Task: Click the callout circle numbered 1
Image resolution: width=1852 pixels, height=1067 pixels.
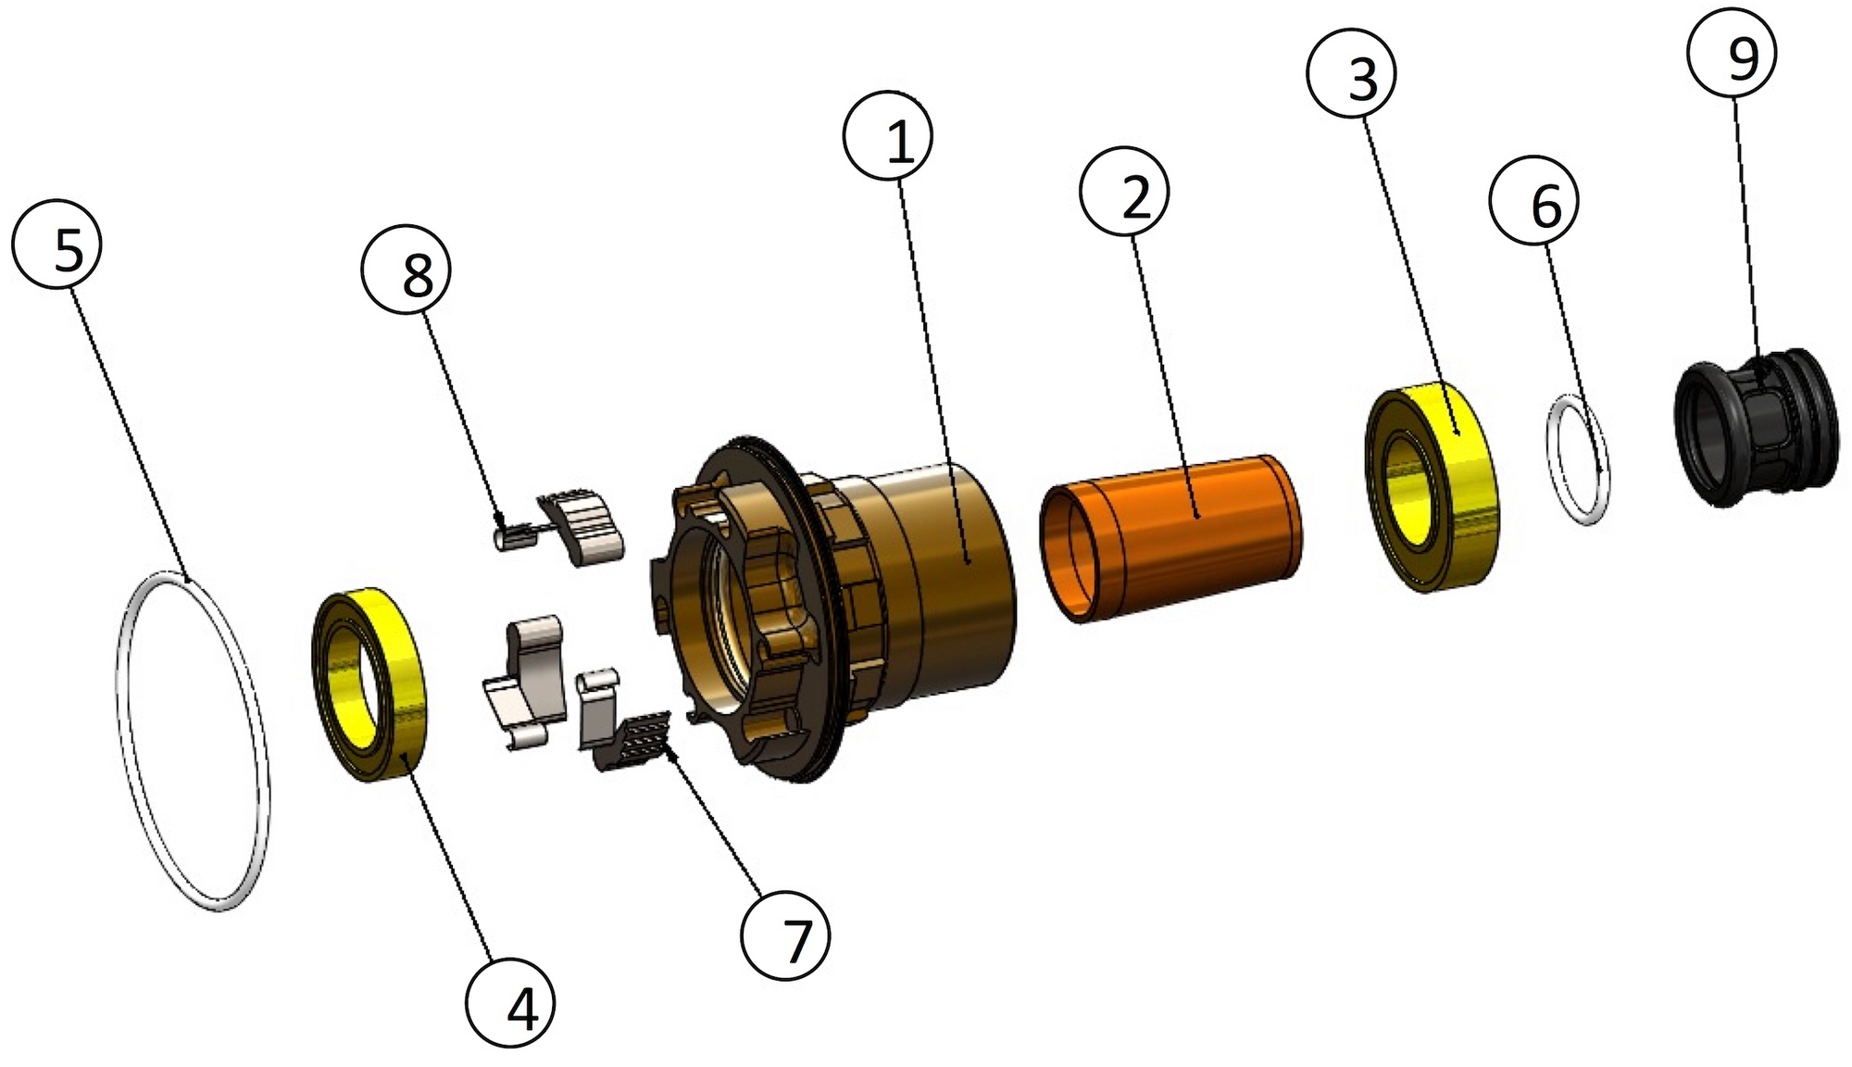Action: (887, 134)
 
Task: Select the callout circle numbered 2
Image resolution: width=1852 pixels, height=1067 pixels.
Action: (1124, 191)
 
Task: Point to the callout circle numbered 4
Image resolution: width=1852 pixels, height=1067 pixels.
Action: (510, 1004)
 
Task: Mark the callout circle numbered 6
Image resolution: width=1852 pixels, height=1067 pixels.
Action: (1534, 201)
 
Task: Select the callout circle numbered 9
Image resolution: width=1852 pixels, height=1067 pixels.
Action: (1732, 55)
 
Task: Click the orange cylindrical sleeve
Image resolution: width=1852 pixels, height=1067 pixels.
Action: (1171, 537)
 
